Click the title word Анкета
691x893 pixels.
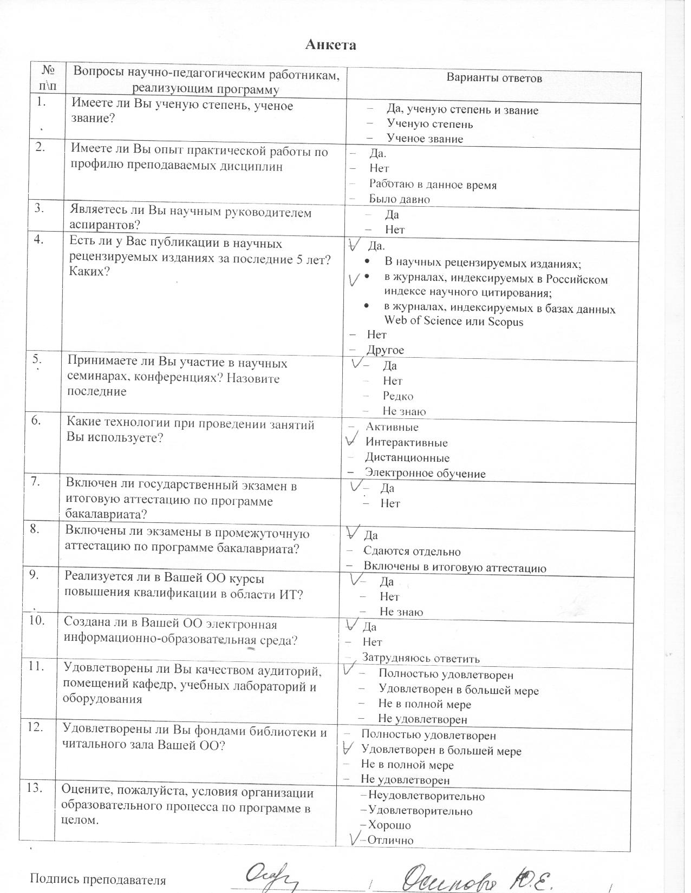[330, 44]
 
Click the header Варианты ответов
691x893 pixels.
[494, 78]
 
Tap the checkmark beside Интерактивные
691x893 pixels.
[354, 438]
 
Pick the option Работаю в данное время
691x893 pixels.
[433, 185]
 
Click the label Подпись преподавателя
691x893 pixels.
[97, 879]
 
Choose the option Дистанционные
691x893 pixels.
[407, 458]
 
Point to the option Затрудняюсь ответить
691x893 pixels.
[421, 659]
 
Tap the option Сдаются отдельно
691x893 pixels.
[412, 552]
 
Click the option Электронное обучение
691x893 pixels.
[425, 474]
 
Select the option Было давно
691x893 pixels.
[399, 199]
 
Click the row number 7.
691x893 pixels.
[36, 482]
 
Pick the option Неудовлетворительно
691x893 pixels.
[426, 796]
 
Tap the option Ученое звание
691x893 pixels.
[425, 139]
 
